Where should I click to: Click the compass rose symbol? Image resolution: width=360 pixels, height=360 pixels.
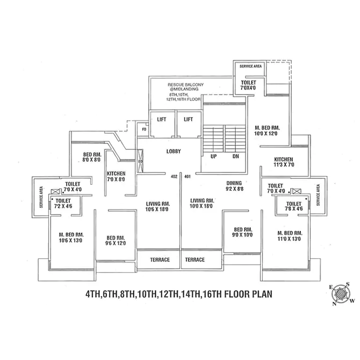341,294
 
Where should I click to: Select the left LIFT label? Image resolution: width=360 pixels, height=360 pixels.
161,119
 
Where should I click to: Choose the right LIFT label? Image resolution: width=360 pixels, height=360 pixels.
188,119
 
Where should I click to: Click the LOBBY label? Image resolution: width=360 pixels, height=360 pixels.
174,151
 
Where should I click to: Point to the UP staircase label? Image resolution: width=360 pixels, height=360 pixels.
213,156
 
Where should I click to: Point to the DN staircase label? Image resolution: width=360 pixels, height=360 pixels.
235,156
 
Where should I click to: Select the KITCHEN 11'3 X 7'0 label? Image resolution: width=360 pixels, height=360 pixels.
283,163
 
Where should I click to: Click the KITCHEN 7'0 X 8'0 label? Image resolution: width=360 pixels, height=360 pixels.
116,177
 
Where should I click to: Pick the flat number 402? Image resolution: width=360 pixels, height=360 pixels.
174,176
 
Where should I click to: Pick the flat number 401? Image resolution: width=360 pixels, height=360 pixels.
188,176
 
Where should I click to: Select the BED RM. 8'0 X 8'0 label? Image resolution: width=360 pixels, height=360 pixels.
92,157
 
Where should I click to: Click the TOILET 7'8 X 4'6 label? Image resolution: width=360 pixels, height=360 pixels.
293,207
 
